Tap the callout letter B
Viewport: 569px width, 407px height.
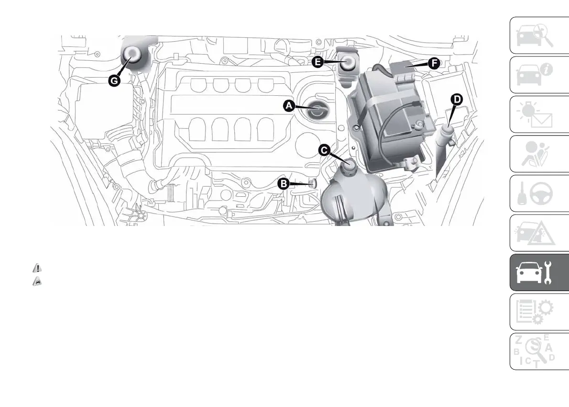(283, 183)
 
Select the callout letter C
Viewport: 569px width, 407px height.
(324, 151)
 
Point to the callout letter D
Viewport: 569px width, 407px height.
(457, 99)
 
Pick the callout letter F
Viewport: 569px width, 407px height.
(434, 63)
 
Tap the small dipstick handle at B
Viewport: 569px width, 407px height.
(313, 182)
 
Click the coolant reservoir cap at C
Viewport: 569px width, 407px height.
(349, 166)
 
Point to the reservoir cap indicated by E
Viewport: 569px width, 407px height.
(349, 63)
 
